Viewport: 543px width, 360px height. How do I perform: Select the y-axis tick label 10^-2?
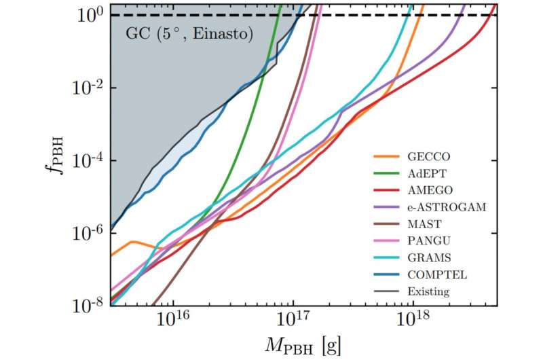coord(88,88)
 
